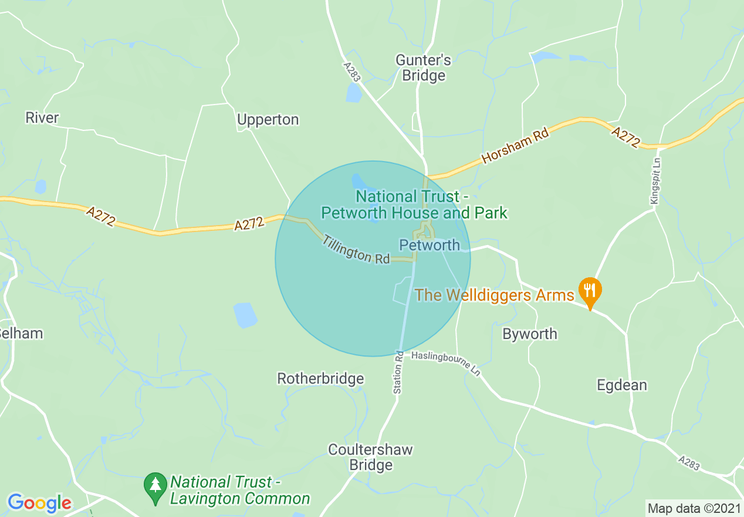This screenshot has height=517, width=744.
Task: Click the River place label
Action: point(42,117)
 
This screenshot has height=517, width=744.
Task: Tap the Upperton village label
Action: point(268,120)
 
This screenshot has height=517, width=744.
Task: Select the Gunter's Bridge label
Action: point(424,68)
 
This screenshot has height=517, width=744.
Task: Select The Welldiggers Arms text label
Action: point(494,295)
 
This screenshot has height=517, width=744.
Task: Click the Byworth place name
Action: point(530,334)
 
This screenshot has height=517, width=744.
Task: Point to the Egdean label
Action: point(621,385)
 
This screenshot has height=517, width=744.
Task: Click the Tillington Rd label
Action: point(356,249)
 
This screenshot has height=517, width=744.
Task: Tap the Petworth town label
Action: point(429,245)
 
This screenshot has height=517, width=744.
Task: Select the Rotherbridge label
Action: point(320,379)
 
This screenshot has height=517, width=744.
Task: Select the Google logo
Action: point(39,503)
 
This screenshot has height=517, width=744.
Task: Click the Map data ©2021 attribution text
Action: point(693,508)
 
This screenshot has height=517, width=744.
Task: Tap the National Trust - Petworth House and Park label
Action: point(414,204)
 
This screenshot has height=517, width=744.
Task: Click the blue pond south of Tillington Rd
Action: point(245,315)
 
